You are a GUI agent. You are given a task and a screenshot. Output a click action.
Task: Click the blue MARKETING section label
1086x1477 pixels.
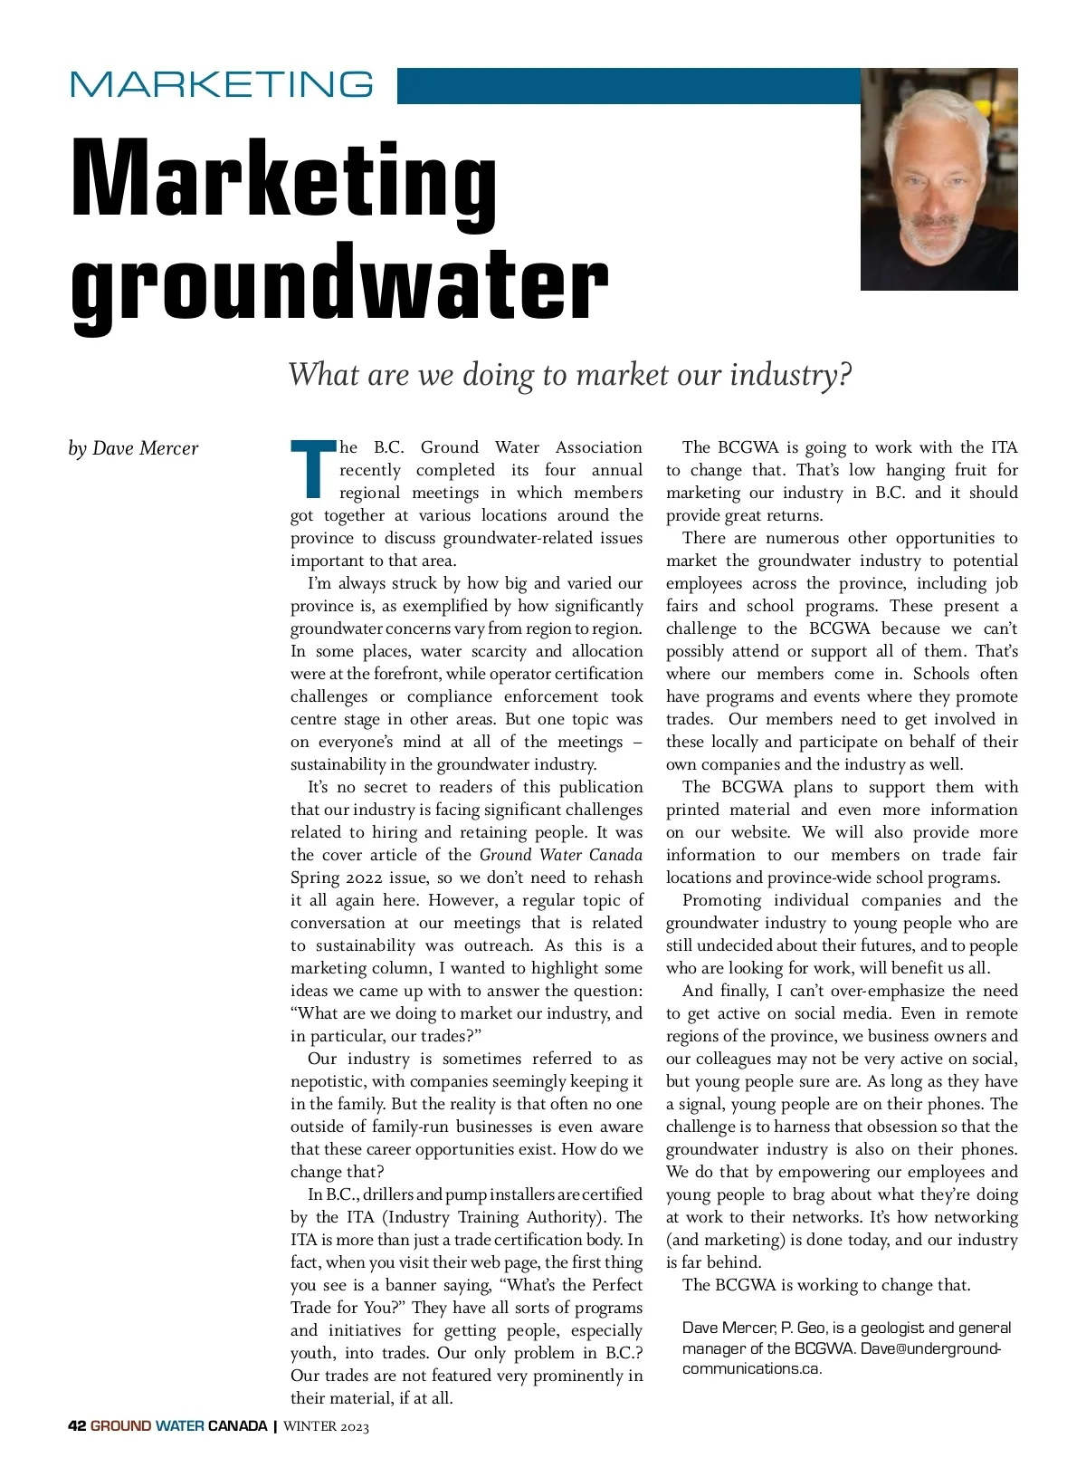[222, 84]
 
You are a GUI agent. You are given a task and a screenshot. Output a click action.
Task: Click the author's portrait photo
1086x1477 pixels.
[938, 179]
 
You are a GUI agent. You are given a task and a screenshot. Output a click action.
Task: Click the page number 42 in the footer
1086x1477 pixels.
[77, 1426]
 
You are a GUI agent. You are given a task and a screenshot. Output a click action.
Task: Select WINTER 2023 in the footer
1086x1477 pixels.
[327, 1426]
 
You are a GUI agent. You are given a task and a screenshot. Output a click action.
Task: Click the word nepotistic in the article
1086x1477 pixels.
[328, 1081]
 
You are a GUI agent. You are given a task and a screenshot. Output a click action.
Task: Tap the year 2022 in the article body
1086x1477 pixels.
[362, 878]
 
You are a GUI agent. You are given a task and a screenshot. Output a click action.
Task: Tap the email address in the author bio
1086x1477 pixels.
[842, 1358]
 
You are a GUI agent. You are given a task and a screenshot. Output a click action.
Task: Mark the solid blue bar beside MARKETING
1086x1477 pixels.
[628, 86]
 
